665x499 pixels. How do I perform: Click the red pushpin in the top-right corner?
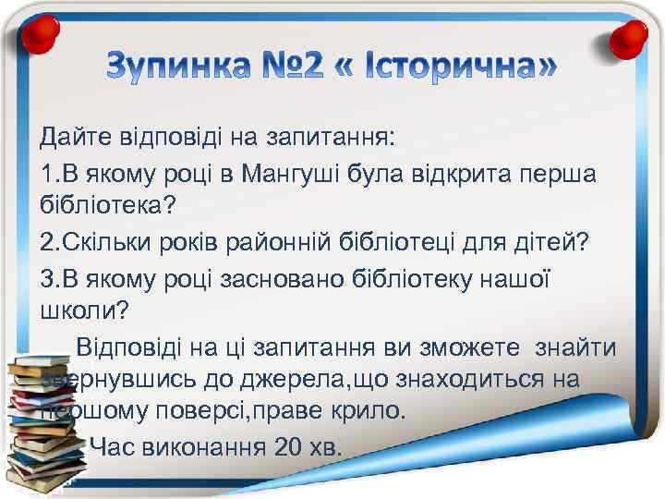(633, 35)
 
